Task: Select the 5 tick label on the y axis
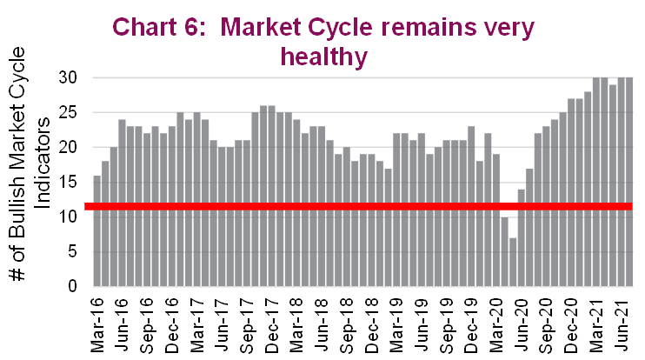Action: click(x=75, y=252)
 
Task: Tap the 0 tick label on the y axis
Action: click(x=75, y=287)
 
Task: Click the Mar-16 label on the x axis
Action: click(x=97, y=323)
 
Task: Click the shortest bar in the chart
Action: click(x=513, y=263)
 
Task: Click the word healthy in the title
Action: click(x=322, y=57)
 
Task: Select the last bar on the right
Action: click(x=629, y=182)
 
